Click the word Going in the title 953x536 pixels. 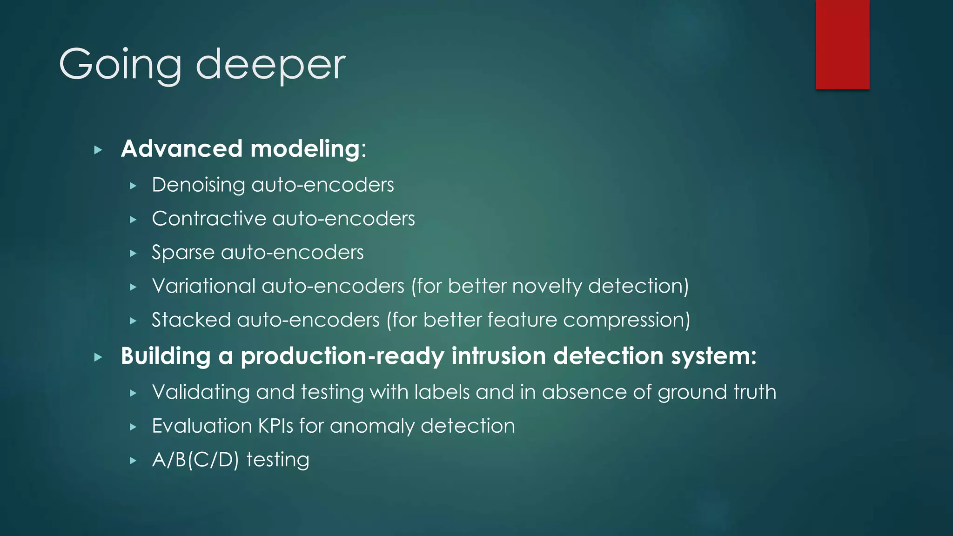pyautogui.click(x=120, y=65)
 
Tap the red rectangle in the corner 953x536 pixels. pyautogui.click(x=842, y=44)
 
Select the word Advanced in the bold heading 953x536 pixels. pyautogui.click(x=181, y=149)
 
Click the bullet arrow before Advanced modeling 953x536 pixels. pyautogui.click(x=98, y=150)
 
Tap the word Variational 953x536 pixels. pyautogui.click(x=203, y=286)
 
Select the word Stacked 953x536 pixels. pyautogui.click(x=191, y=320)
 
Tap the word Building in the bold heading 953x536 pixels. pyautogui.click(x=166, y=356)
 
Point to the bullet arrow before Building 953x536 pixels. pyautogui.click(x=98, y=357)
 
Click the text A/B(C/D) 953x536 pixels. pyautogui.click(x=195, y=460)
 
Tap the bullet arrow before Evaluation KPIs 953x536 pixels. pyautogui.click(x=133, y=427)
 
